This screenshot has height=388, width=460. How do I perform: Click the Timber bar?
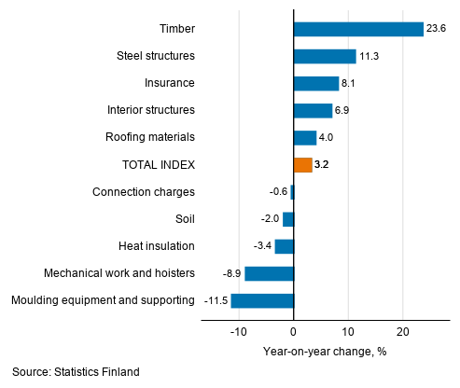[x=358, y=29]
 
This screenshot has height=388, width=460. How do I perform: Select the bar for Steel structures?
[x=325, y=56]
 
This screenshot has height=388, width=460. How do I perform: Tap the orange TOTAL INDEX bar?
[x=302, y=165]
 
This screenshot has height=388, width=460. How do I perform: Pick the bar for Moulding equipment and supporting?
[x=262, y=300]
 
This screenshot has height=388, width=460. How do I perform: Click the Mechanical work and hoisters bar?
[x=270, y=273]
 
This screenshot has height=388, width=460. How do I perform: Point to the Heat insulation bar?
[x=285, y=246]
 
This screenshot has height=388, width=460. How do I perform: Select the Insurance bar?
[x=316, y=83]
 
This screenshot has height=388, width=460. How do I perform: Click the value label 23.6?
[x=437, y=29]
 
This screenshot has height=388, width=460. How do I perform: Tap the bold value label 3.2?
[x=323, y=165]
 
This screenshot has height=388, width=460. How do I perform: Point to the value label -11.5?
[x=215, y=300]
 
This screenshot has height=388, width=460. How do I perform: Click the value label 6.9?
[x=344, y=110]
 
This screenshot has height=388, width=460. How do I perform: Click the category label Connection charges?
[x=144, y=192]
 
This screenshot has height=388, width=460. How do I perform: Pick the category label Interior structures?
[x=150, y=110]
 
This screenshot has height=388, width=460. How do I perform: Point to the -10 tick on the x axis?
[x=239, y=331]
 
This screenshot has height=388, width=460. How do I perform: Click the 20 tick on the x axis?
[x=403, y=331]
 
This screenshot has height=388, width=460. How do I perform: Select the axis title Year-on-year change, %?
[x=325, y=351]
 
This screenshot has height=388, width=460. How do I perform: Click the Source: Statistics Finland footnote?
[x=76, y=372]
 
